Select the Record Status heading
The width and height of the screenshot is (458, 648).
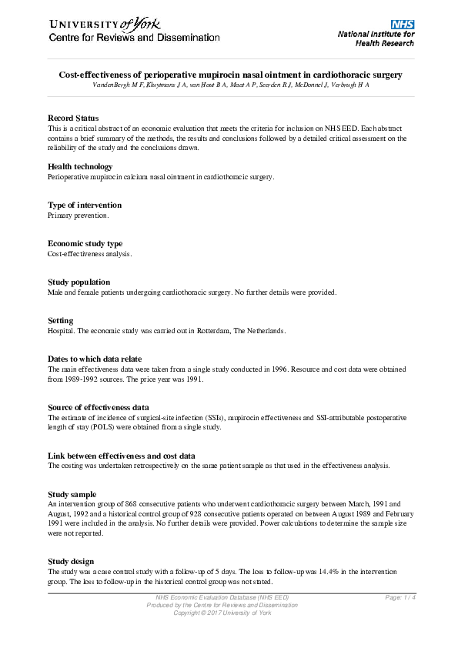pos(73,118)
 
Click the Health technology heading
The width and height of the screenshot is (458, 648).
pos(80,166)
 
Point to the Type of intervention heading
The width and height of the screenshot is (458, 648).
pos(85,205)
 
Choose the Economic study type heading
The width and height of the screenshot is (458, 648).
pos(85,243)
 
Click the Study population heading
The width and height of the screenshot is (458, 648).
pos(79,282)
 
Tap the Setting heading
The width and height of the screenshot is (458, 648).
pos(61,320)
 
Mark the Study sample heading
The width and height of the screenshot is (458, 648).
pos(72,493)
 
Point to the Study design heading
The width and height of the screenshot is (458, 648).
pos(71,561)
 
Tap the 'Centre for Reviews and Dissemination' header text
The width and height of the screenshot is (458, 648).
pos(135,38)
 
